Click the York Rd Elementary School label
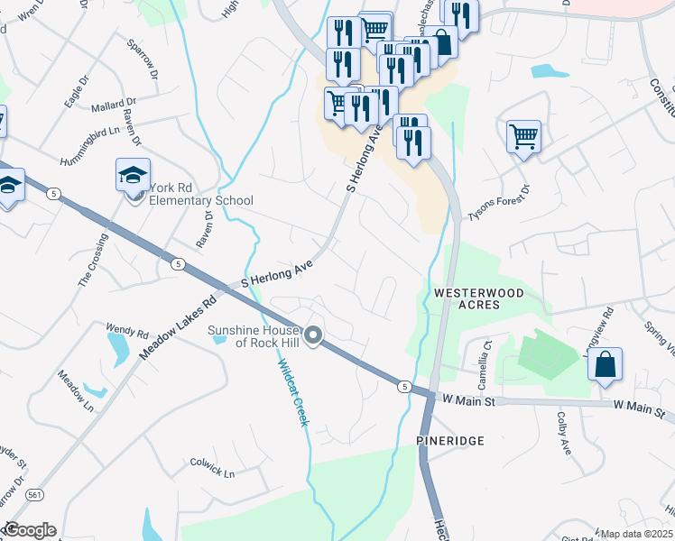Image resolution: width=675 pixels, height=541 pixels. (201, 194)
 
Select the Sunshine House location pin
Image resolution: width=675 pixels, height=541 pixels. (314, 336)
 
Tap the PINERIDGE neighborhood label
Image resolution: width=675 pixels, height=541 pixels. (450, 440)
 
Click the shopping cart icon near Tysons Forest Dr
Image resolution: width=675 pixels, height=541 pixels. (523, 137)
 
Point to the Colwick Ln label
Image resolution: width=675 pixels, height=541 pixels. (212, 472)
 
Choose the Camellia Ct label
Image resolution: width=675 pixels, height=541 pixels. (486, 350)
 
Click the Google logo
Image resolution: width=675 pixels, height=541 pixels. (29, 530)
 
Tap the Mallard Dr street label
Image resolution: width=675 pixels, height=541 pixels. (114, 105)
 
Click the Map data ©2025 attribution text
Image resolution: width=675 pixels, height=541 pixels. (634, 534)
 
